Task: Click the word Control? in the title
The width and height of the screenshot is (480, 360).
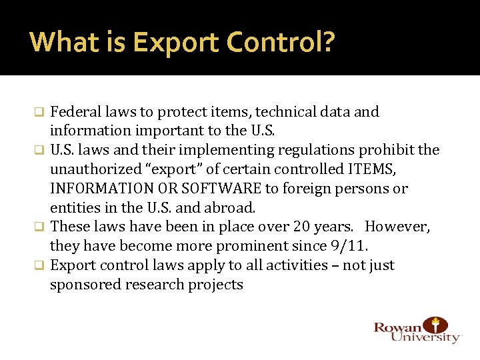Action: point(281,43)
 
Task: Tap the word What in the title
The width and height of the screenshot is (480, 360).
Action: point(64,43)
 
